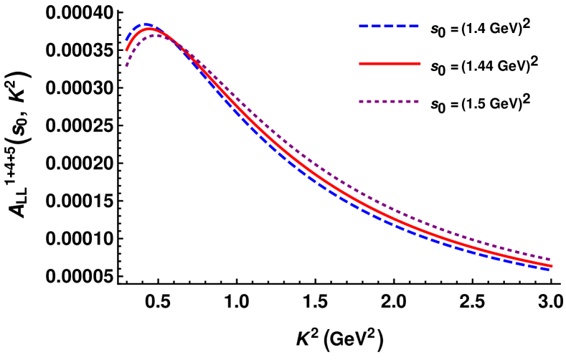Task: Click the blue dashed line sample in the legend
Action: click(388, 27)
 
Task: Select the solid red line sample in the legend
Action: click(390, 64)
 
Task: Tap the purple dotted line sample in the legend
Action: click(388, 102)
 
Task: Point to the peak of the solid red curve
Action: click(148, 29)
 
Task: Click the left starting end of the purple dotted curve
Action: click(126, 66)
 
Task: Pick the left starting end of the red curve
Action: click(126, 51)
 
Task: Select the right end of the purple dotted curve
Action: click(550, 260)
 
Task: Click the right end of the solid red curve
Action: click(551, 266)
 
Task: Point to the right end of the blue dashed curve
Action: click(550, 269)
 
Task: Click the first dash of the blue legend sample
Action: click(364, 27)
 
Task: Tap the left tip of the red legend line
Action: click(360, 64)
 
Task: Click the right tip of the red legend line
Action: click(420, 64)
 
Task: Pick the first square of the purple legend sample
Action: click(361, 102)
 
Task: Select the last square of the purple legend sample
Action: click(416, 102)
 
